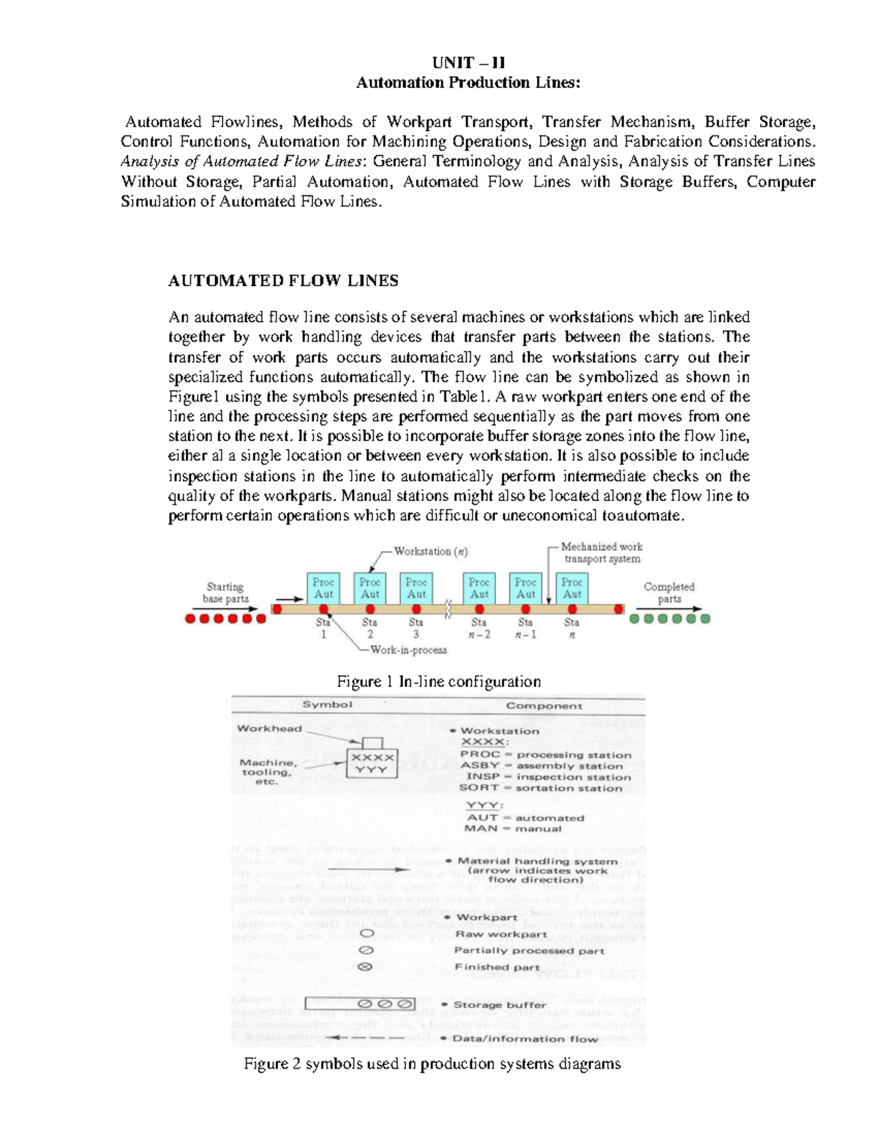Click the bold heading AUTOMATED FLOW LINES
click(x=283, y=281)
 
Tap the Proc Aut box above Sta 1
click(x=323, y=588)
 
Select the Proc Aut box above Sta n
click(x=572, y=588)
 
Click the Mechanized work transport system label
click(x=601, y=552)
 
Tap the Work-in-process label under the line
click(x=408, y=650)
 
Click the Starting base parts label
click(x=225, y=593)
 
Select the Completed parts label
click(x=669, y=593)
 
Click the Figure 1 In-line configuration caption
click(x=438, y=682)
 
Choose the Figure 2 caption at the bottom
click(x=432, y=1064)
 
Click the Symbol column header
click(x=327, y=704)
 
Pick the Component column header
click(x=544, y=706)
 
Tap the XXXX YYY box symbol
click(x=373, y=764)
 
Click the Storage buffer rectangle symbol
click(x=360, y=1004)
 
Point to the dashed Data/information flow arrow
click(x=365, y=1038)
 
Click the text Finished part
click(x=497, y=967)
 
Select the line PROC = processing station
click(x=545, y=754)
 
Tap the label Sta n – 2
click(x=479, y=628)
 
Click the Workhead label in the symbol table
click(x=269, y=728)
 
